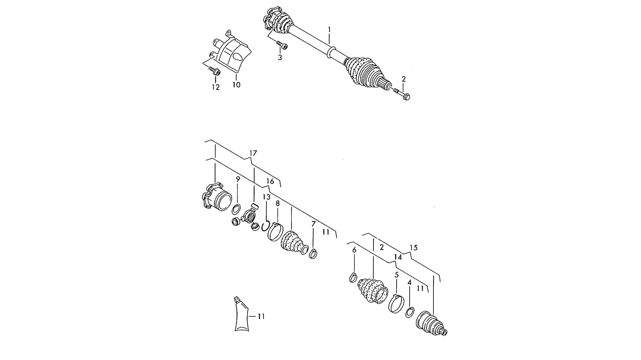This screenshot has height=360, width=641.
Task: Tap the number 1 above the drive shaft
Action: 329,30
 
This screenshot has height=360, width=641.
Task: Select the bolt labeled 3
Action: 282,44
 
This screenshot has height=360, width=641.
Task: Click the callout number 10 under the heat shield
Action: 236,84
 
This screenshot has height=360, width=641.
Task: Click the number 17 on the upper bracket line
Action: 253,153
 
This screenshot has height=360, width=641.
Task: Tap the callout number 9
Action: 238,179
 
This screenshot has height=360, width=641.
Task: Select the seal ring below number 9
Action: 236,210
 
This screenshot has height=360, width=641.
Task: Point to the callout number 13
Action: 267,197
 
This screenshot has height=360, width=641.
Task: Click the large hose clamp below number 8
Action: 275,231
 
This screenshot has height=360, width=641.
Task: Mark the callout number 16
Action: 270,181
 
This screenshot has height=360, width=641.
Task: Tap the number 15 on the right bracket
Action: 413,248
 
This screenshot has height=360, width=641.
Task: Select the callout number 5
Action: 396,274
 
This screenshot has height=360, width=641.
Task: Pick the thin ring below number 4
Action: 410,312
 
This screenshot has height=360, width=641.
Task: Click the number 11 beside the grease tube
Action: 261,316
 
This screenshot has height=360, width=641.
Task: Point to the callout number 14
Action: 398,257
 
